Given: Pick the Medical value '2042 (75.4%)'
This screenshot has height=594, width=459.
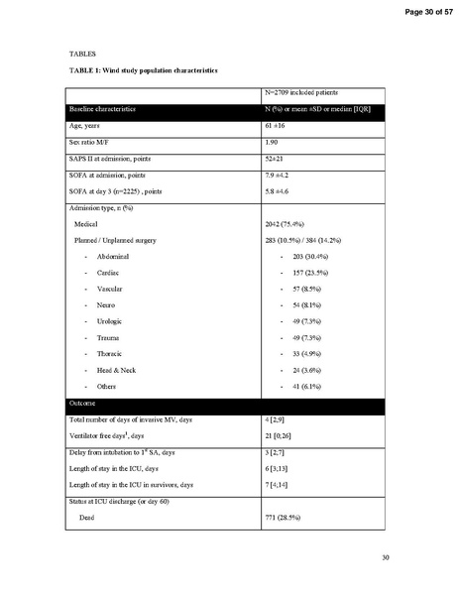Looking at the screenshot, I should point(279,224).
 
